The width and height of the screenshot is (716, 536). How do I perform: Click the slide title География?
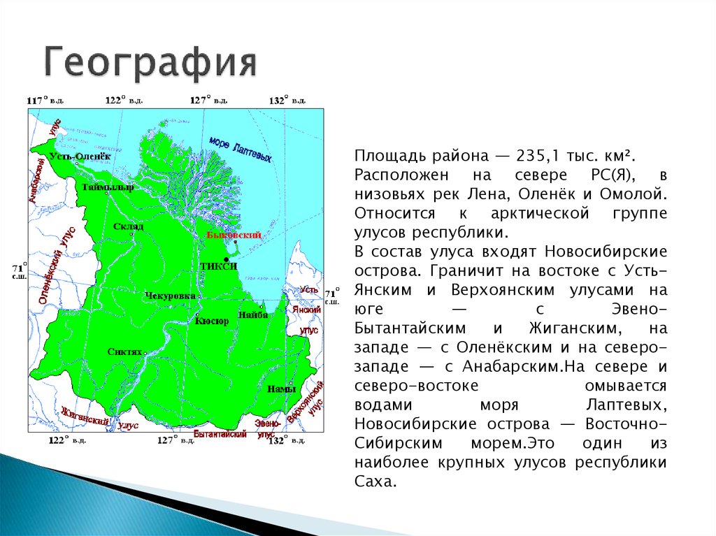[151, 64]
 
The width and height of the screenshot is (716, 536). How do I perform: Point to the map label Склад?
[128, 226]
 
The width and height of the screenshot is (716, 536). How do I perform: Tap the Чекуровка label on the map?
[170, 296]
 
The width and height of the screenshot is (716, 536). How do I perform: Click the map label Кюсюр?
[211, 321]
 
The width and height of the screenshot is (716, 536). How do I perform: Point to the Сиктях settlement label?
[126, 352]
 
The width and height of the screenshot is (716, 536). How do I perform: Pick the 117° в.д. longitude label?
[45, 101]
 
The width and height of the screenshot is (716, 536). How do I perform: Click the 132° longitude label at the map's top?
[287, 101]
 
